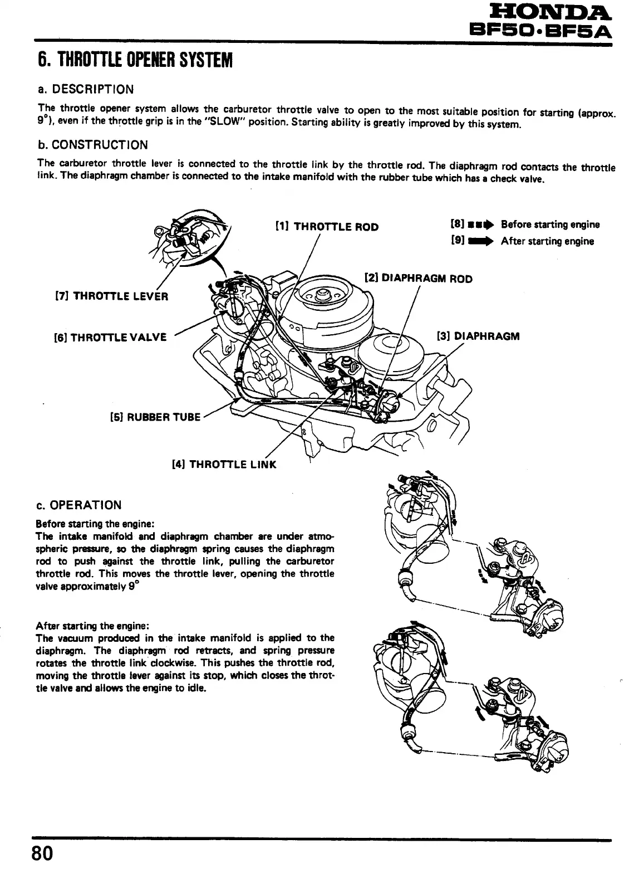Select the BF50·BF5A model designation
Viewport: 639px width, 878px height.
coord(540,30)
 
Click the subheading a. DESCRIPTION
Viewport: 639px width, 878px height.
coord(86,89)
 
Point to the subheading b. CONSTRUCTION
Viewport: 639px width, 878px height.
coord(92,145)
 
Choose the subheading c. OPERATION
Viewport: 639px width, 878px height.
coord(78,505)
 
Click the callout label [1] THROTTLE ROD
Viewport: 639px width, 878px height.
coord(327,227)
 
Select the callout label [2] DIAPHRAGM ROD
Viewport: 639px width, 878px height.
coord(418,279)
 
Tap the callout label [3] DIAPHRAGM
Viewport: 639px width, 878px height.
coord(479,336)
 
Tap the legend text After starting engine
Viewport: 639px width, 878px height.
coord(547,241)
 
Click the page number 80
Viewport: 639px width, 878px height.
coord(42,853)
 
